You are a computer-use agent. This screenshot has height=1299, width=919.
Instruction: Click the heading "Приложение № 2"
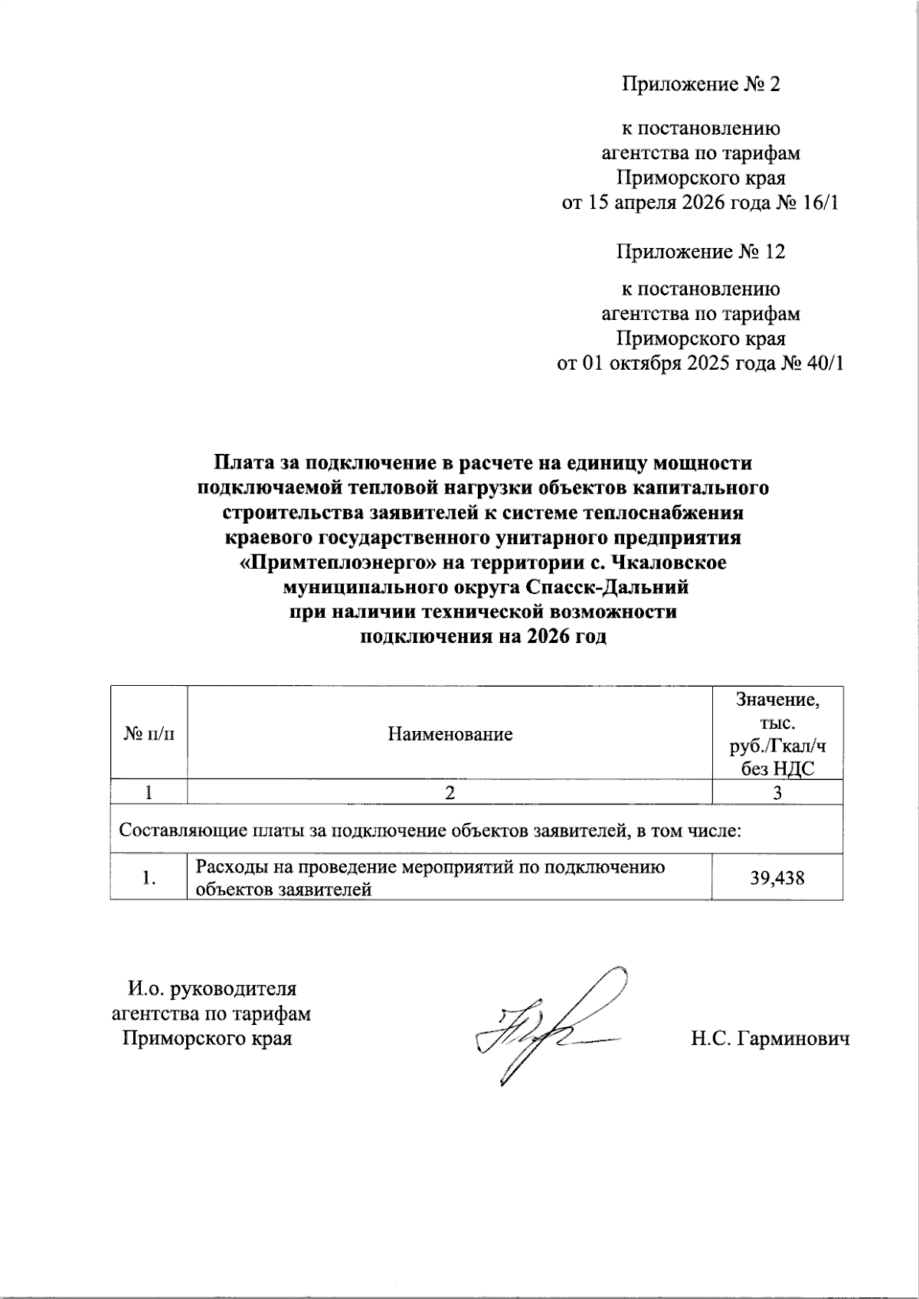point(700,84)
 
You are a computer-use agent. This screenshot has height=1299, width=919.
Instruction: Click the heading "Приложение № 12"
point(700,252)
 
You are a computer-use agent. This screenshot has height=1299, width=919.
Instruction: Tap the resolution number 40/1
point(823,364)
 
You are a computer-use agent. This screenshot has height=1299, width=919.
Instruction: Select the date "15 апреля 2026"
point(652,203)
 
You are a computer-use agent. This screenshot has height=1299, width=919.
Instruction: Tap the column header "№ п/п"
point(149,734)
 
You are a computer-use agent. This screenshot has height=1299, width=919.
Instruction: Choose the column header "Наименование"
point(450,735)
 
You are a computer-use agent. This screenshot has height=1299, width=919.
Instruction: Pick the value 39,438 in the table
point(777,878)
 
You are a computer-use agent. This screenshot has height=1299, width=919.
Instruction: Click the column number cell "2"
point(450,793)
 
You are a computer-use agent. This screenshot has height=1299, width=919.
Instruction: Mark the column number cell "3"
point(777,793)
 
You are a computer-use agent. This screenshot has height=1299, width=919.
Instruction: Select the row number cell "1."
point(149,879)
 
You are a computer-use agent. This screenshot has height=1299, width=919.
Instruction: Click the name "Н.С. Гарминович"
point(770,1040)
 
